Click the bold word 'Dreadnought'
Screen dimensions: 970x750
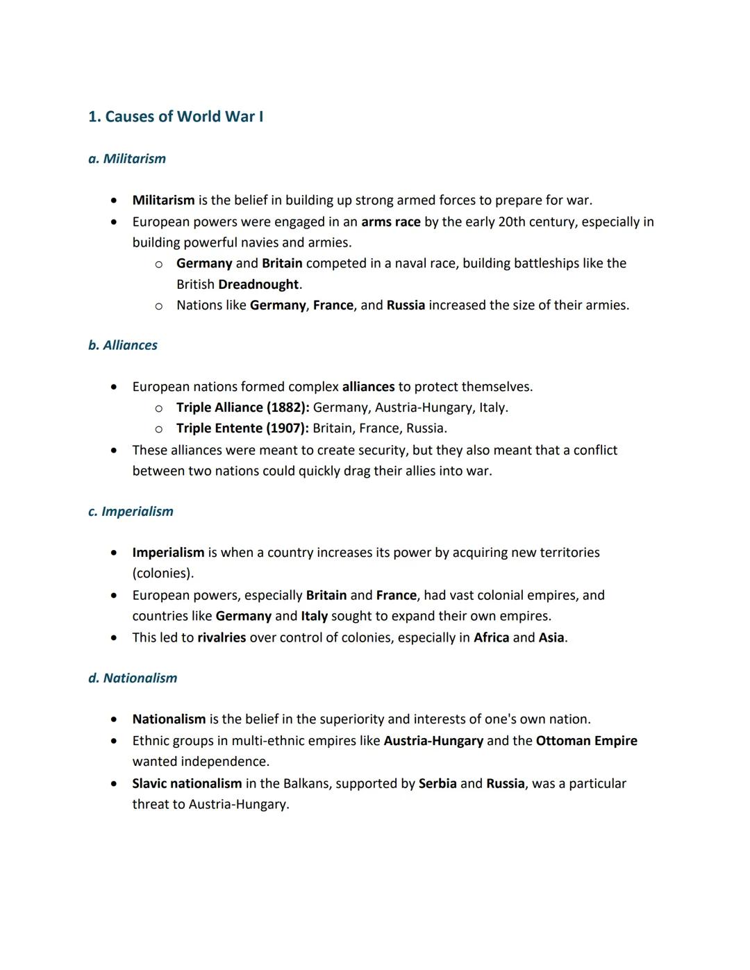tap(258, 285)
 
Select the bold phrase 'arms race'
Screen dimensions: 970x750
tap(391, 222)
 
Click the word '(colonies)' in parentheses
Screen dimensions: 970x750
tap(162, 574)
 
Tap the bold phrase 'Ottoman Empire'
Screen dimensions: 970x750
tap(587, 741)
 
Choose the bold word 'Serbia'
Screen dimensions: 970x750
tap(437, 784)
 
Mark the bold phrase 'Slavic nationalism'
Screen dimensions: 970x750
tap(187, 784)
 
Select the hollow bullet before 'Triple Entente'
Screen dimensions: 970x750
tap(158, 429)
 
